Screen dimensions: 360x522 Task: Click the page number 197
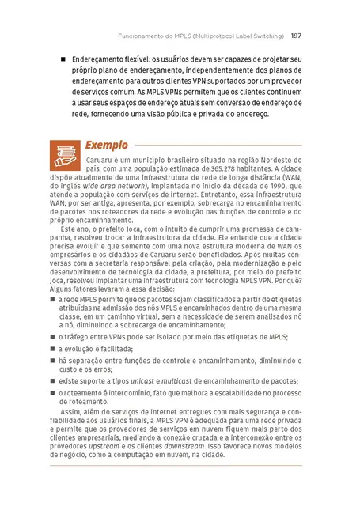coord(295,36)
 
